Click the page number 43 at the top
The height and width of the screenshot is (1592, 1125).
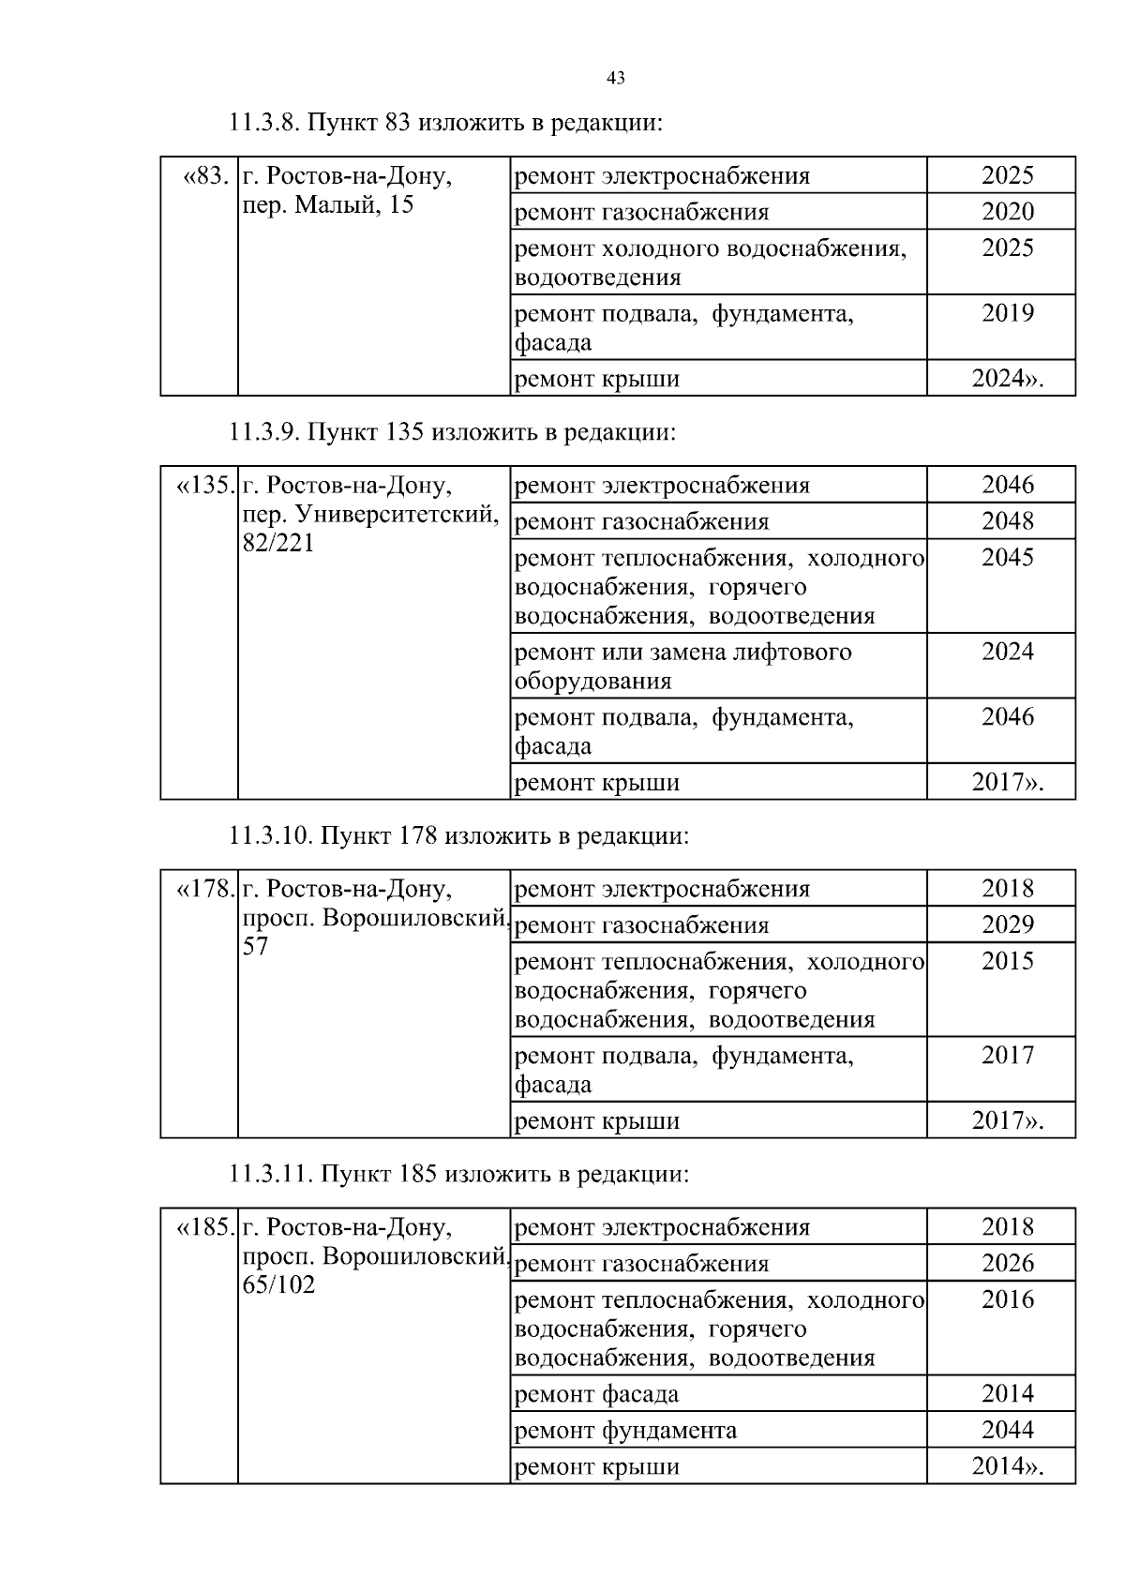pos(616,79)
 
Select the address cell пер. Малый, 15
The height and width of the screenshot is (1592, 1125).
pos(328,205)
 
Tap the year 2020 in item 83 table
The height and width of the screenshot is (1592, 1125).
pos(1008,212)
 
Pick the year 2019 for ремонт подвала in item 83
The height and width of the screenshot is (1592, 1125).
pos(1008,313)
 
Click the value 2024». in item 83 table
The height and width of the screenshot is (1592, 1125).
pos(1008,379)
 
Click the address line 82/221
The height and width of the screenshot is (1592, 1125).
pos(278,544)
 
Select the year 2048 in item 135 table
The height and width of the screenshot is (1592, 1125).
pos(1008,521)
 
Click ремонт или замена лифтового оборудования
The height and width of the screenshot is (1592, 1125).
pos(682,666)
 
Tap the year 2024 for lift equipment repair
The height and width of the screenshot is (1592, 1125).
pos(1008,652)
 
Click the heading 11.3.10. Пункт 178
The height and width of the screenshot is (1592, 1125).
pos(459,835)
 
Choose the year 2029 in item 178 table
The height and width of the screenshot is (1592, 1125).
pos(1008,925)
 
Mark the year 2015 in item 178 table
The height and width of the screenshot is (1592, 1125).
pos(1008,961)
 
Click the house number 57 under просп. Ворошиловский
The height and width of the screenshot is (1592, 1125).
pos(256,947)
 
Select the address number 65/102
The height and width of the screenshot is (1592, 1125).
pos(278,1285)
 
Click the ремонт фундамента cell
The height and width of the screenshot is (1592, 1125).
pos(626,1431)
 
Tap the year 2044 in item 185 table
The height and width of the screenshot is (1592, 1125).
pos(1008,1430)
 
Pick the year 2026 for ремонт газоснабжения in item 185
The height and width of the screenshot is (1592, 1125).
pos(1008,1264)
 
